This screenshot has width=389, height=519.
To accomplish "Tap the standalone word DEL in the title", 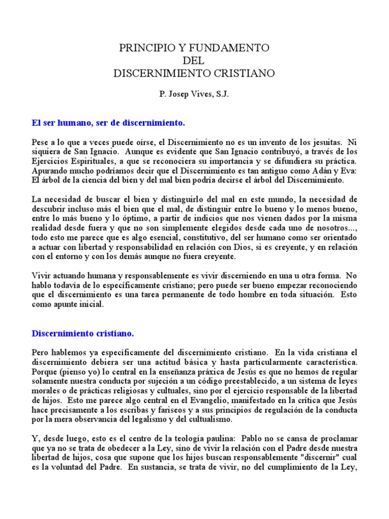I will (x=194, y=61).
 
